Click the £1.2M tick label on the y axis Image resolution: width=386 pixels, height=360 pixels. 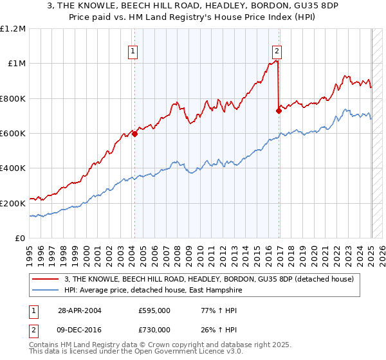[13, 28]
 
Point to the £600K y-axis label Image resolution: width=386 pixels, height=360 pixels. [13, 134]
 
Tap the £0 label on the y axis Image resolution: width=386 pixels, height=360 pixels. [20, 239]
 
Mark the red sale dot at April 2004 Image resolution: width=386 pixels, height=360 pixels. [135, 134]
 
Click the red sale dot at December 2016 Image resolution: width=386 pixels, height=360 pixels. [279, 111]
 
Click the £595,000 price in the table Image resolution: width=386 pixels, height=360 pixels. [154, 310]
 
